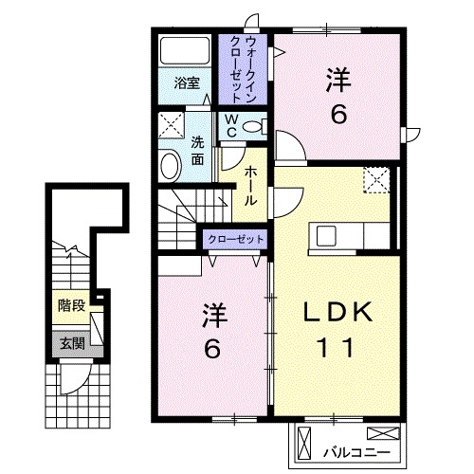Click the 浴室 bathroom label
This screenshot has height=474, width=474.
186,83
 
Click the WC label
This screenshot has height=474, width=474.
230,126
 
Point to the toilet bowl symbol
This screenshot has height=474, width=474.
252,126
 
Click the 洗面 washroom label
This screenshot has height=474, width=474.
198,151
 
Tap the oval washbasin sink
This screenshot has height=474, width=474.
171,166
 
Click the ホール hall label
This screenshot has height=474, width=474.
250,185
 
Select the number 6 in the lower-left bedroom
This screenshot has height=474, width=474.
211,347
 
